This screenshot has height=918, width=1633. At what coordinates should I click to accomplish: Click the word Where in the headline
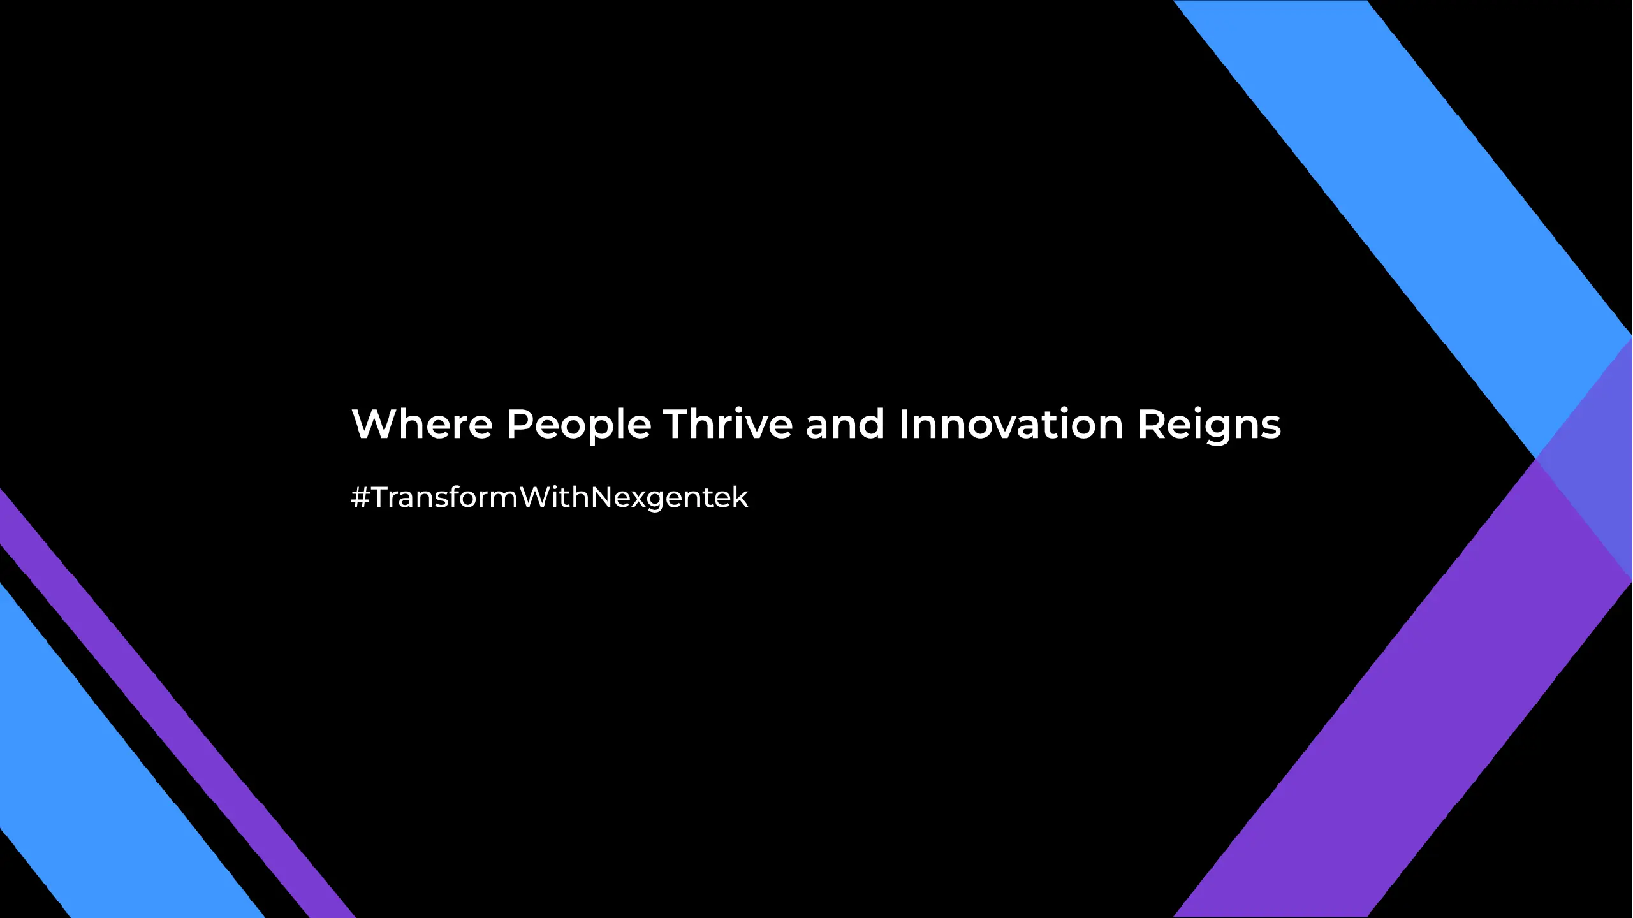pos(422,423)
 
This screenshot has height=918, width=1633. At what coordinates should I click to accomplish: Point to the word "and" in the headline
pos(846,423)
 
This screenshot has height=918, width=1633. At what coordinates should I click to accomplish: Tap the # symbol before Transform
pos(361,497)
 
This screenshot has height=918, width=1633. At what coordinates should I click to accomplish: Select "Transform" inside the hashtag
pos(445,497)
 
